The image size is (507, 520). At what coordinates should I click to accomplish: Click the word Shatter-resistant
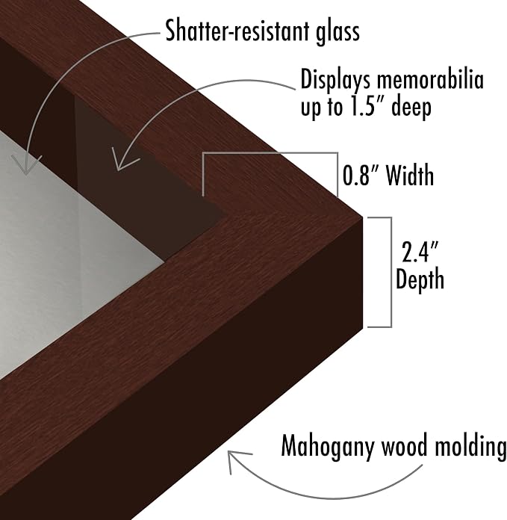[x=236, y=31]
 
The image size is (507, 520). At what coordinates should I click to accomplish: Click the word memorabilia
[x=430, y=80]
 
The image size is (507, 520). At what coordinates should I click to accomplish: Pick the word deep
[x=411, y=108]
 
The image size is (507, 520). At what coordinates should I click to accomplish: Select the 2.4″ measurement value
[x=420, y=252]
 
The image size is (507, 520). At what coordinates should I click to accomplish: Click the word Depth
[x=420, y=279]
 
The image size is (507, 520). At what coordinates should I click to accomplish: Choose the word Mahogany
[x=328, y=447]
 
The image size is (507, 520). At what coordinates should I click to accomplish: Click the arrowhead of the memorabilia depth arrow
[x=124, y=160]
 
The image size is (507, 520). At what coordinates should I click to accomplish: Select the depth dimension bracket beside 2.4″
[x=391, y=272]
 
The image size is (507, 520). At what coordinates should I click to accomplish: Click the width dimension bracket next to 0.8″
[x=270, y=153]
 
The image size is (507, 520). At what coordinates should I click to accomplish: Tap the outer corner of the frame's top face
[x=363, y=217]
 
